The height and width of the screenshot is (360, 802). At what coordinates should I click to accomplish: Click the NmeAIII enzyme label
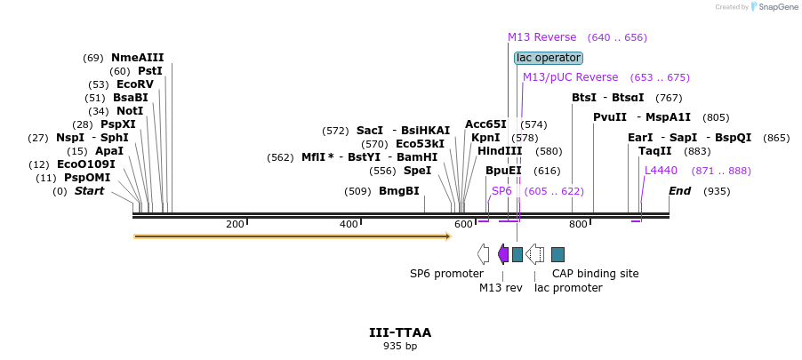point(137,58)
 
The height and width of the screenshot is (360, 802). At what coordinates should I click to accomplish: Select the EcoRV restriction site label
point(134,84)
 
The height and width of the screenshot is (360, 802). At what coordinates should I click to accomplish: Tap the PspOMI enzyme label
point(86,178)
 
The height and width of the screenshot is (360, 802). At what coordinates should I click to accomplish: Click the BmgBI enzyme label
point(398,191)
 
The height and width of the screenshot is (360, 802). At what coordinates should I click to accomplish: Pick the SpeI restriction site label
point(417,171)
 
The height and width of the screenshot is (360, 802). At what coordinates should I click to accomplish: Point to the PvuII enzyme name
point(610,117)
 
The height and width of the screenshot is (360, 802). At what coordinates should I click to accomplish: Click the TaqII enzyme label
point(654,151)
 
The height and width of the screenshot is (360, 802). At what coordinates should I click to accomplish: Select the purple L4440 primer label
point(661,171)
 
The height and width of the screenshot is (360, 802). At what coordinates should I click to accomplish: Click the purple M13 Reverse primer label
point(541,37)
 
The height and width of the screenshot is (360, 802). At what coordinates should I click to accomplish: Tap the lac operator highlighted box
point(548,58)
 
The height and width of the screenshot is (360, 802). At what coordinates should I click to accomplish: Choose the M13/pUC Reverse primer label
point(570,77)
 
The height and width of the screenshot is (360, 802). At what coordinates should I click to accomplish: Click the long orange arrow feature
point(292,236)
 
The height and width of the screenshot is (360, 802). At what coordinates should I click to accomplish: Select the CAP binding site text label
point(595,274)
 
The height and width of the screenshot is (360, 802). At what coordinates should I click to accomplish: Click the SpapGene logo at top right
point(774,7)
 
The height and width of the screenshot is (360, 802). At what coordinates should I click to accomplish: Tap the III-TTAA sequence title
point(399,332)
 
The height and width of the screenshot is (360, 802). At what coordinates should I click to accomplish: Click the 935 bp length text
point(399,347)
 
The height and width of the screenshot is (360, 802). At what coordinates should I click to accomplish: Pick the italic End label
point(680,191)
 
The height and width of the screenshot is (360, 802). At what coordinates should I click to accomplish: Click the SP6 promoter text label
point(445,274)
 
